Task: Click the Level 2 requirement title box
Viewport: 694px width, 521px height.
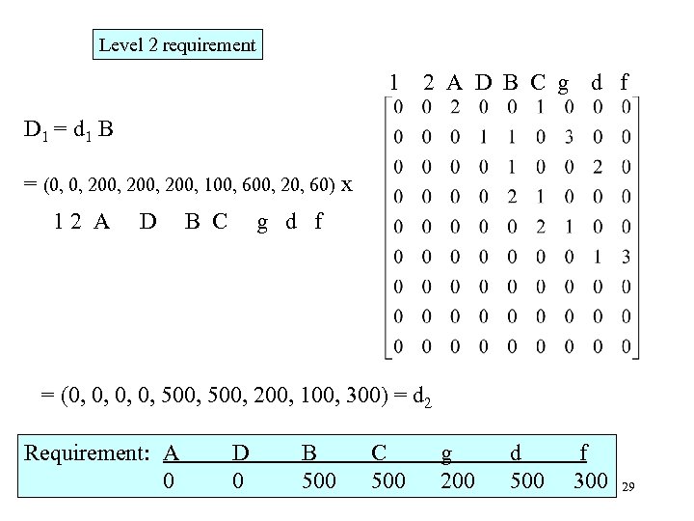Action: [178, 44]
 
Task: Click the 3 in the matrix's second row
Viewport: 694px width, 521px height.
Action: [570, 135]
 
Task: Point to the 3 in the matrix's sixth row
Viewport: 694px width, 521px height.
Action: [627, 256]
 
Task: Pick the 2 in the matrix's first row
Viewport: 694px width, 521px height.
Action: [456, 105]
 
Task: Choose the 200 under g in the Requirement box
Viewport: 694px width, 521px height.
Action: [457, 480]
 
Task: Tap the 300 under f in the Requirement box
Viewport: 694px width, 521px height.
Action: [590, 480]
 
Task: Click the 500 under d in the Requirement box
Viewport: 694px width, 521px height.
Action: [525, 480]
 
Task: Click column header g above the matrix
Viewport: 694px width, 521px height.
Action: [563, 83]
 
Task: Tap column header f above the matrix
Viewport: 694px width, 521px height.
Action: [625, 83]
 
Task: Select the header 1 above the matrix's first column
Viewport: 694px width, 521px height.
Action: [392, 83]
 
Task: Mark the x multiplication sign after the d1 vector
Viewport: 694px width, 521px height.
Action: [346, 183]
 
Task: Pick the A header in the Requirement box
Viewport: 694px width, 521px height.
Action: [172, 452]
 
